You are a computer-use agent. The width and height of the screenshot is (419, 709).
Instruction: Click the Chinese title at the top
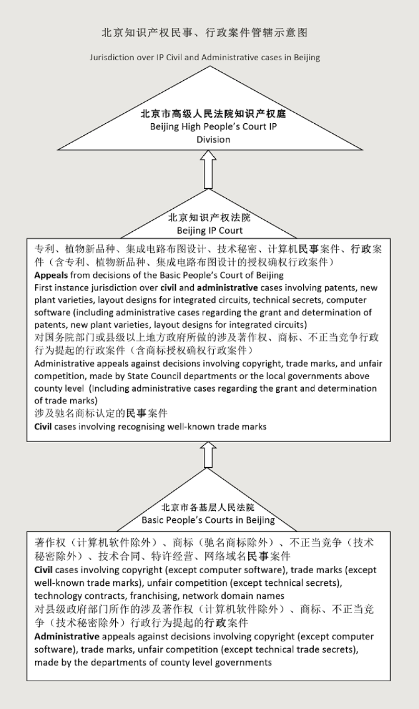205,33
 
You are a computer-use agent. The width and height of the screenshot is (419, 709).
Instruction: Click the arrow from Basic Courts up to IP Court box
209,454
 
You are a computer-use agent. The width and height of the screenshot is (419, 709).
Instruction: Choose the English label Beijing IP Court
210,230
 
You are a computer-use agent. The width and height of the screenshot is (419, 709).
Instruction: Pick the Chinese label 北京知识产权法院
210,218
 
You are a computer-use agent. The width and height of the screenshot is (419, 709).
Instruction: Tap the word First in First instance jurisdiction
44,287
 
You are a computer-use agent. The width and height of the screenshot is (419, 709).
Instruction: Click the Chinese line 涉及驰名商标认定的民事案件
101,413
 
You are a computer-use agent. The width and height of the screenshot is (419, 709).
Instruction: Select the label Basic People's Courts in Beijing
208,520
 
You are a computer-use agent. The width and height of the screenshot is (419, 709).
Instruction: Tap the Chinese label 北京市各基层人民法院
208,507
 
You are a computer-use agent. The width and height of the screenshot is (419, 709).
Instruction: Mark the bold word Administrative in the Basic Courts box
67,636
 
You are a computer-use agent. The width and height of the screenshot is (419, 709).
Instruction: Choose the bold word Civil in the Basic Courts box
43,570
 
